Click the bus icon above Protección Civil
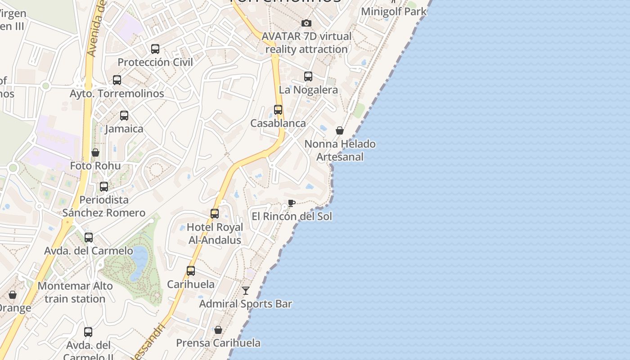point(155,49)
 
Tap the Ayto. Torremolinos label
point(117,94)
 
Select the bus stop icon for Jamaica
point(124,116)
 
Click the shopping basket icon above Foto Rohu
point(95,153)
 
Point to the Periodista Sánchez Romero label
point(104,206)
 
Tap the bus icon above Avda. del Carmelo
point(89,238)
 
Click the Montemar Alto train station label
point(75,292)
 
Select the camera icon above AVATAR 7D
point(306,23)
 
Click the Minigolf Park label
point(394,11)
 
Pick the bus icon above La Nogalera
point(308,76)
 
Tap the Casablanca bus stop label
point(278,123)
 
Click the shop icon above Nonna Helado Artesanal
point(340,130)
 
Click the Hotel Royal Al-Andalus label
point(215,234)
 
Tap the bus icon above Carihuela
point(191,271)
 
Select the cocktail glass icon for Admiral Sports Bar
point(246,291)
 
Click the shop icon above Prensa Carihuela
point(218,330)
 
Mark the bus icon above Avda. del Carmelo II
point(88,332)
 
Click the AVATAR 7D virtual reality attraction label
point(307,42)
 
